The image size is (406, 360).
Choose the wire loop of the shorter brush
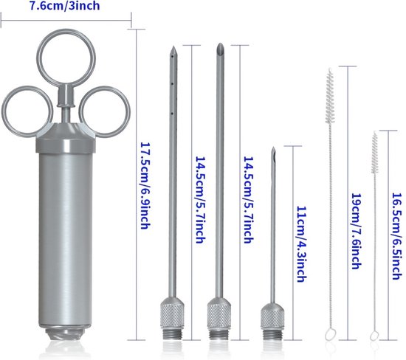pos(374,336)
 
